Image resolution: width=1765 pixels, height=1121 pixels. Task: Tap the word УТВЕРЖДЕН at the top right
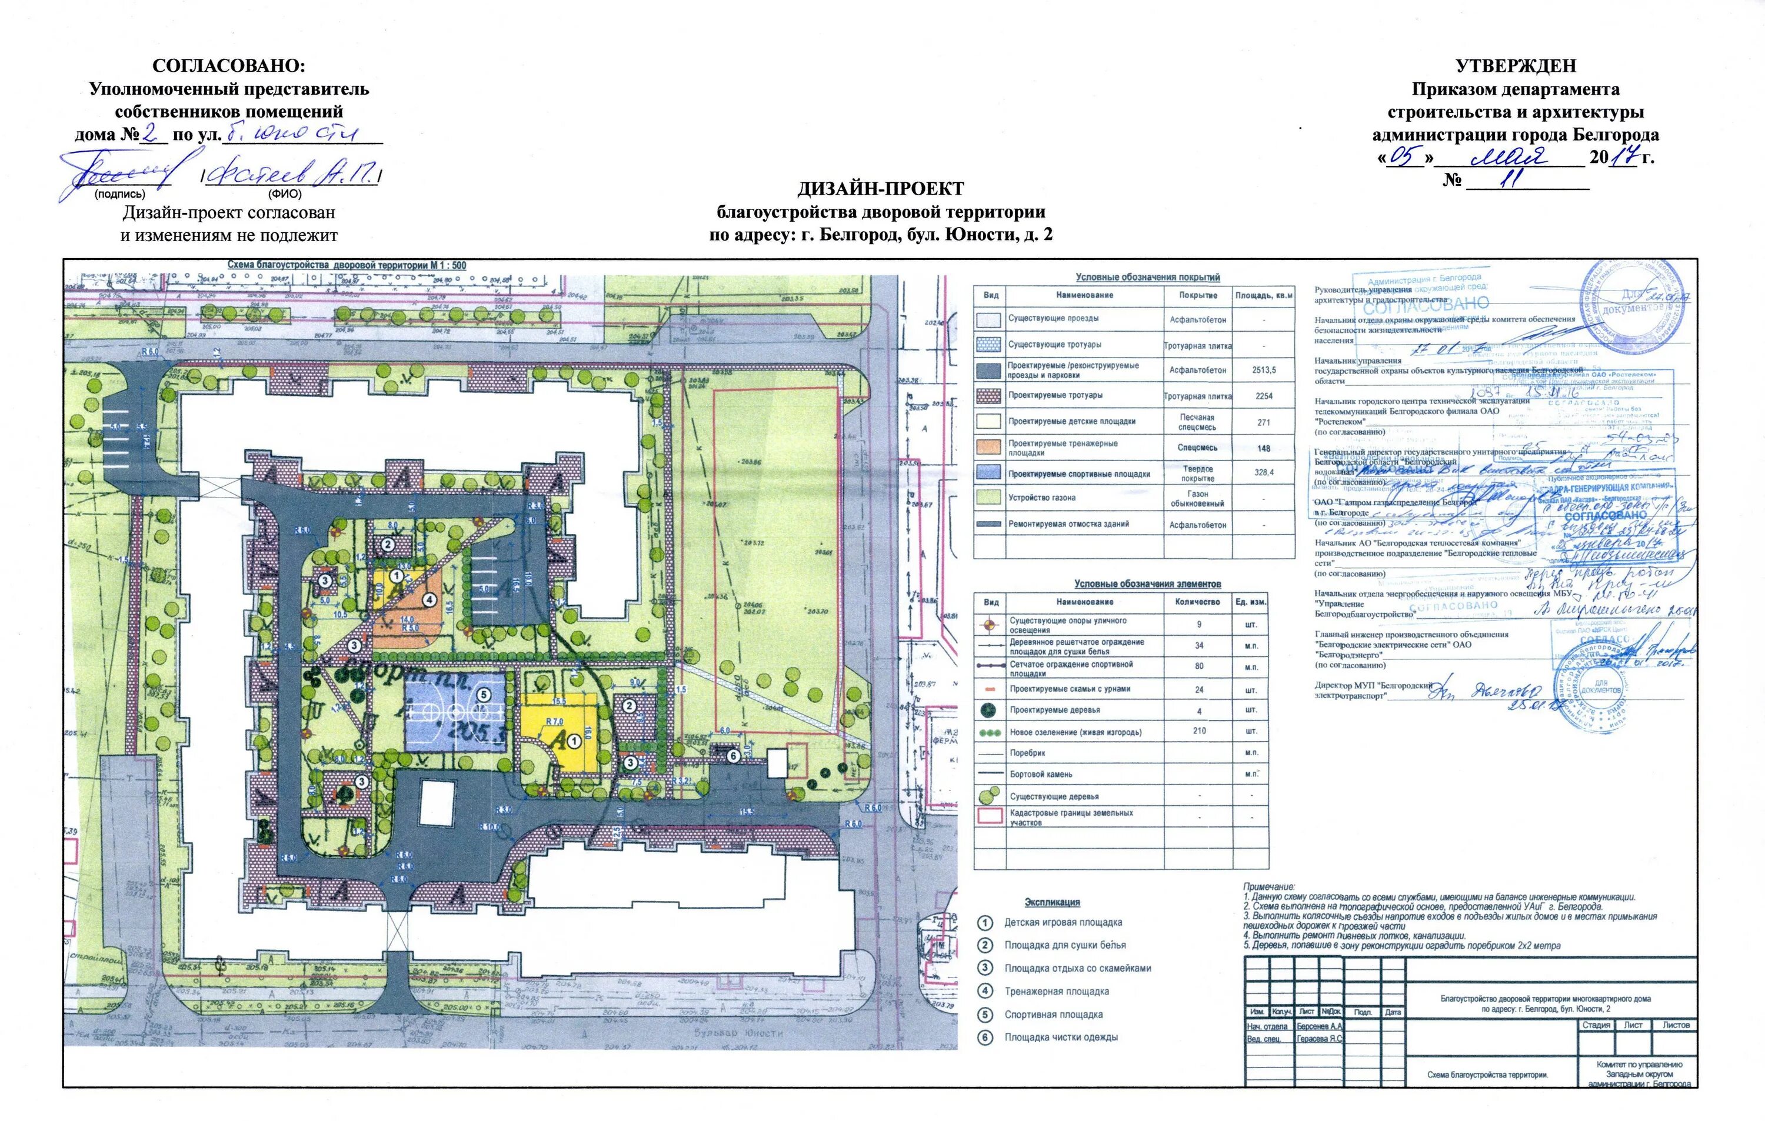[x=1515, y=66]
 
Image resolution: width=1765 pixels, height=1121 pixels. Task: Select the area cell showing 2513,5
[x=1264, y=370]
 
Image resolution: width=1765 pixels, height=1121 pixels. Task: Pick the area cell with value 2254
[x=1264, y=396]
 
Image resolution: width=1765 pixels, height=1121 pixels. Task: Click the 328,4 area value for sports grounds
[x=1264, y=473]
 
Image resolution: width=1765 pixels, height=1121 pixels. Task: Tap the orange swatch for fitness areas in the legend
[x=989, y=448]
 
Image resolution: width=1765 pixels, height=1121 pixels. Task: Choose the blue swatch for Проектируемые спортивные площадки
[x=989, y=473]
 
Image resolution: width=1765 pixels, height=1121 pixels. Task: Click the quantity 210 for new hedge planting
[x=1199, y=730]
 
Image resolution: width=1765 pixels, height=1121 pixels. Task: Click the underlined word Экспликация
[x=1052, y=902]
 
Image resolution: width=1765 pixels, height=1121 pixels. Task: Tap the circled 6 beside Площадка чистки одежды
[x=986, y=1037]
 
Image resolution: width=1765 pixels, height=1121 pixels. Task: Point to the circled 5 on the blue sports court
[x=483, y=694]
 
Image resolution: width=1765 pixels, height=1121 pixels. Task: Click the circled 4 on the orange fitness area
[x=430, y=600]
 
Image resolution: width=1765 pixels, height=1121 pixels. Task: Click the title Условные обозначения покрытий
[x=1148, y=277]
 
